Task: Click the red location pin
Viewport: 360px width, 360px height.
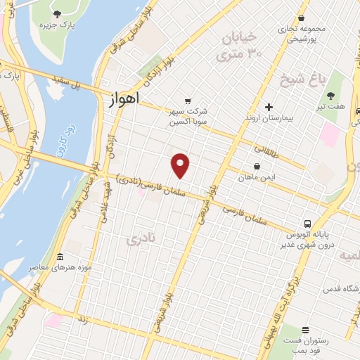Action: [181, 165]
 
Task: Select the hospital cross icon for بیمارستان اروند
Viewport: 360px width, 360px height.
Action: [268, 107]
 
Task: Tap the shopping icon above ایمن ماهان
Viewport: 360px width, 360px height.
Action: [257, 167]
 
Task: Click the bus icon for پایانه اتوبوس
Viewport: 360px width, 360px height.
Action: [307, 224]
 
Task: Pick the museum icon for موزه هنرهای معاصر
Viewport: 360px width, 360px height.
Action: [60, 256]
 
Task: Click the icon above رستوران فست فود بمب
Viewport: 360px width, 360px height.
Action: [305, 329]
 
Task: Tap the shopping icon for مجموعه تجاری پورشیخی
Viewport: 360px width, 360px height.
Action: [302, 18]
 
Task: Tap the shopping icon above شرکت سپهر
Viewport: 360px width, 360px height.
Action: [187, 101]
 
